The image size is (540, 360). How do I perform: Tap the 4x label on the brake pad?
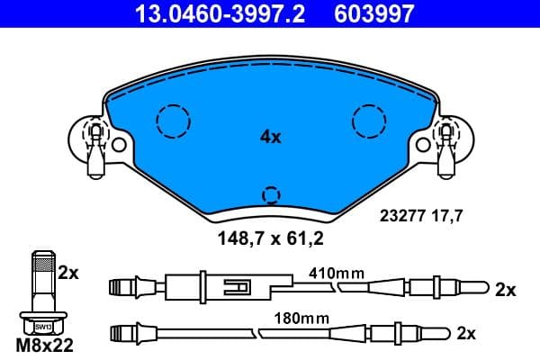tap(270, 138)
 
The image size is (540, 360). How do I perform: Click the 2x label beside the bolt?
tap(69, 272)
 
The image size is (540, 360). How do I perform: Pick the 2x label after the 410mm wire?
tap(505, 290)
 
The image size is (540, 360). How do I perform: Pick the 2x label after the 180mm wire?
tap(465, 333)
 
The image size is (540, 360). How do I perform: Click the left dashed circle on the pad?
tap(171, 120)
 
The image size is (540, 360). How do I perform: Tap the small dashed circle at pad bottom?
tap(270, 194)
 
